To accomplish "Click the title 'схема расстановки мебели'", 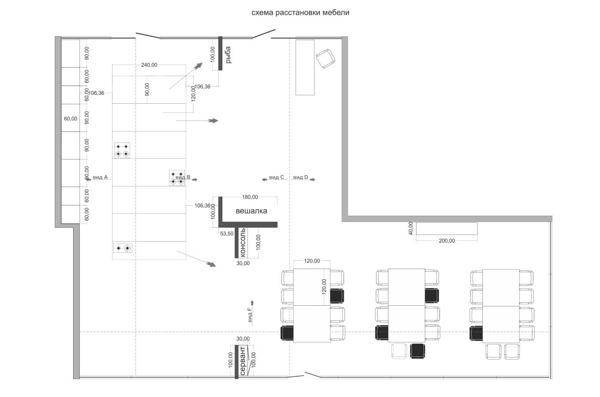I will [x=300, y=13].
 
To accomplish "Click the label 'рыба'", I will [x=228, y=55].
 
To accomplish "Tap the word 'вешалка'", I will [x=251, y=211].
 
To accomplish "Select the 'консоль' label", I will [x=242, y=243].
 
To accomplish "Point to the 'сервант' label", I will [x=243, y=361].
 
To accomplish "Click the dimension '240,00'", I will [x=149, y=65].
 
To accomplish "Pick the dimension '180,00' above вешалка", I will [x=250, y=197].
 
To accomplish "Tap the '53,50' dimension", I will [x=227, y=234].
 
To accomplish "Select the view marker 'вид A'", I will [x=100, y=177].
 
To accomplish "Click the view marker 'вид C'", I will [x=276, y=177].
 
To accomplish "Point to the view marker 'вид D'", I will [x=300, y=177].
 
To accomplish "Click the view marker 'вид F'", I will [x=250, y=316].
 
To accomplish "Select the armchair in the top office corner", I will [x=326, y=59].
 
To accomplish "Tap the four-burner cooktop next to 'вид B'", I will [x=176, y=177].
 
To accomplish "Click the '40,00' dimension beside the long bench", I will [x=411, y=228].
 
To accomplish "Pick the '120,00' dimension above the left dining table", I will [x=312, y=261].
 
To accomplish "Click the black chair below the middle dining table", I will [x=417, y=351].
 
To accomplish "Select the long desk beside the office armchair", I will [x=305, y=67].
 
